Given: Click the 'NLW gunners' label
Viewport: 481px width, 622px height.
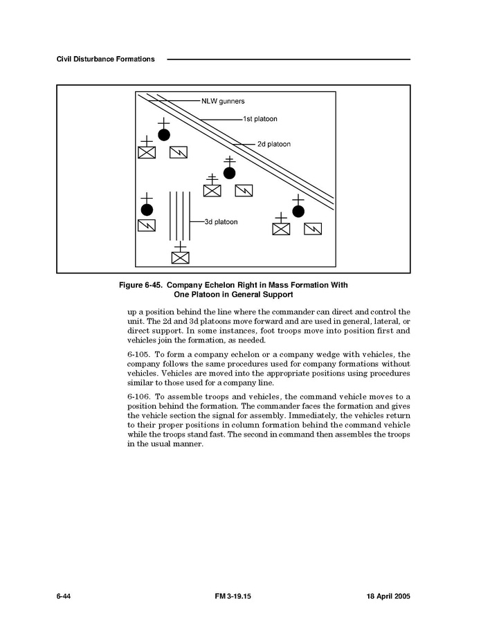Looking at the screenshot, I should click(223, 101).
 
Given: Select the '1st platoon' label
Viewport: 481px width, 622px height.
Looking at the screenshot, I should click(260, 119).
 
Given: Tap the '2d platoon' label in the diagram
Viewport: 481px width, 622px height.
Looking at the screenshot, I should click(273, 144).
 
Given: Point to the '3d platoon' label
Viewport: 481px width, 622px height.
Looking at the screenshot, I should click(221, 222).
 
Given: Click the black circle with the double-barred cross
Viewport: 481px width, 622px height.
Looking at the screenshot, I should click(230, 172).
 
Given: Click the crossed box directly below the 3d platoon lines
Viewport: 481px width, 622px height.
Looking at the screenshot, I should click(180, 257).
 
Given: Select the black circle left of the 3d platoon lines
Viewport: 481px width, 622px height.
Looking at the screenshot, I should click(147, 209).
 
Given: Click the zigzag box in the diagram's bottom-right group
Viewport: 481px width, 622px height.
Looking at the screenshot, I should click(313, 228).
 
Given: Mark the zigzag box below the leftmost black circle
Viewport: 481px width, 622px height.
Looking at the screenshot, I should click(147, 226).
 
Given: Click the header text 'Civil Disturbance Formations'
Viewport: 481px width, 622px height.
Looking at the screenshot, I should click(105, 60).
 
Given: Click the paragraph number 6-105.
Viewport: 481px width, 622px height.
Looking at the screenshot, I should click(138, 354).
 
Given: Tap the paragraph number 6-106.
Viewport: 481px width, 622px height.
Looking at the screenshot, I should click(138, 396).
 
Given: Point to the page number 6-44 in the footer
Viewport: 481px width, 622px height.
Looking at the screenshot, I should click(64, 596).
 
